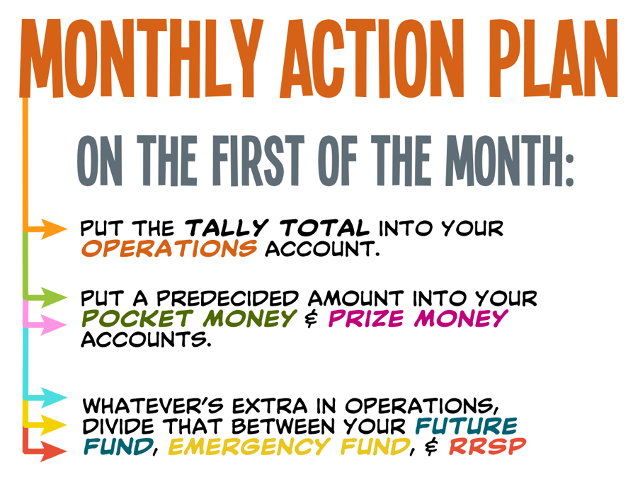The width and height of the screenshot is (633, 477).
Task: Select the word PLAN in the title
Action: [x=555, y=58]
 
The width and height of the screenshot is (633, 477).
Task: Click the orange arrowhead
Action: [x=54, y=229]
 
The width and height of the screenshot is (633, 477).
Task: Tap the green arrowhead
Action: [x=54, y=298]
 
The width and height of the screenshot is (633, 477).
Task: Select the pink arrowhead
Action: [x=54, y=324]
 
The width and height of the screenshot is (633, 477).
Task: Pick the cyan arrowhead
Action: [x=54, y=398]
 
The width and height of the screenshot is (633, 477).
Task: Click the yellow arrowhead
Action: [x=54, y=425]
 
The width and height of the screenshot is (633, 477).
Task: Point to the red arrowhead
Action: [x=54, y=452]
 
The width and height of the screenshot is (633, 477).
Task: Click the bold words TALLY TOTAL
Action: [x=277, y=229]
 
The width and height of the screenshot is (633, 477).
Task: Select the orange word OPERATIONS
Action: [x=169, y=248]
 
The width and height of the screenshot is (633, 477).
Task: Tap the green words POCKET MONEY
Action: [x=189, y=318]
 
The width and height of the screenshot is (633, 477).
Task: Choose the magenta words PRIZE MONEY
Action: [x=418, y=318]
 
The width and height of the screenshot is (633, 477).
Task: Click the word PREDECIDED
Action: [x=228, y=299]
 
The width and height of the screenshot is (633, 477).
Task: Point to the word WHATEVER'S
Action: [x=153, y=406]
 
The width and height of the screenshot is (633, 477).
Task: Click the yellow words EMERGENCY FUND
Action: [x=289, y=447]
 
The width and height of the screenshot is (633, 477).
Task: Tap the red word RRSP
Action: [x=488, y=447]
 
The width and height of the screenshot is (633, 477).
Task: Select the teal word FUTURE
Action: [x=467, y=426]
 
